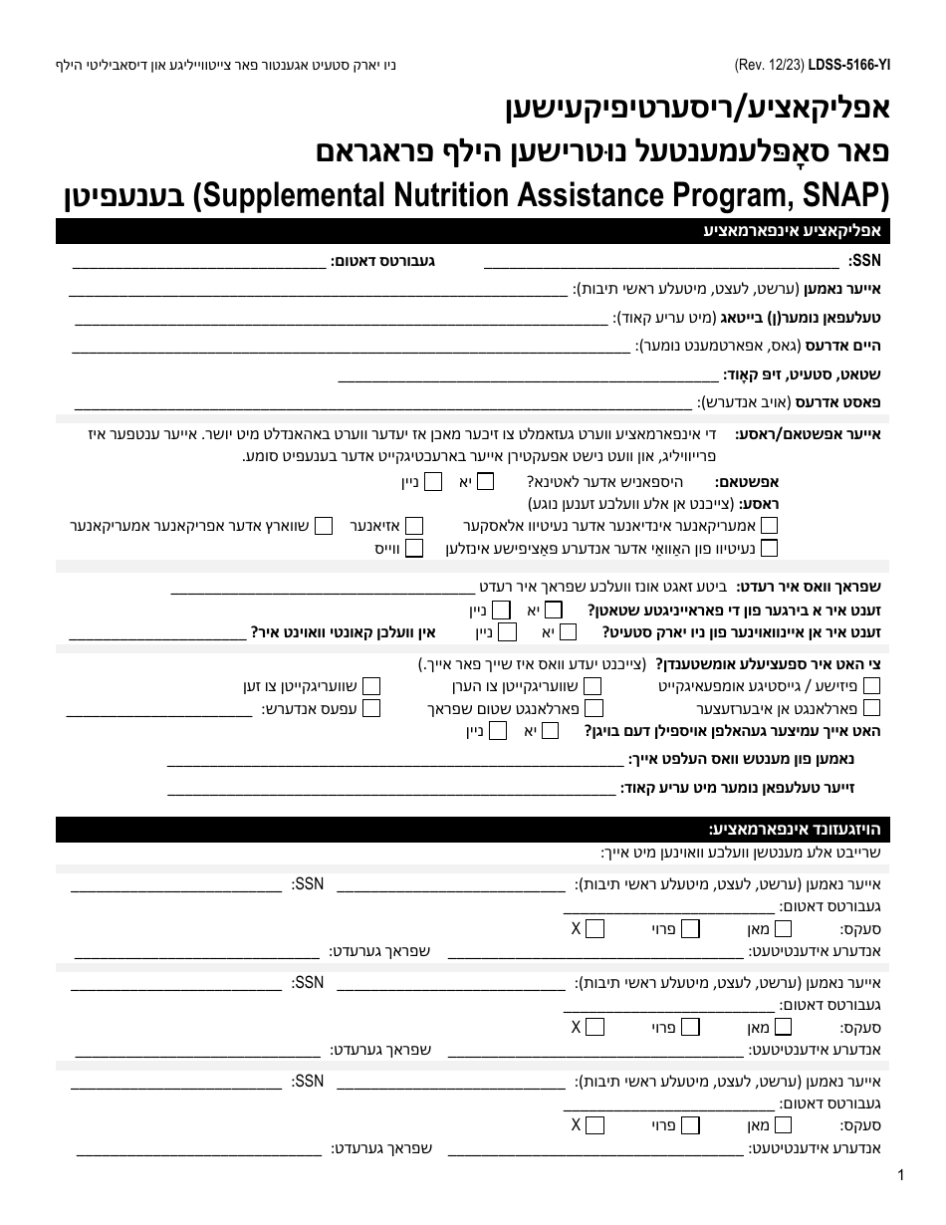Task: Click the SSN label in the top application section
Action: (865, 262)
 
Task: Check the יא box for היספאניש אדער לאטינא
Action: (485, 481)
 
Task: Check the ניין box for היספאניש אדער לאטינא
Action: (434, 481)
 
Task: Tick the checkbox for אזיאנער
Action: (414, 525)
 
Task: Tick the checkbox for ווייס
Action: (414, 547)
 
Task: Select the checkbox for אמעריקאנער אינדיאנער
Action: (770, 525)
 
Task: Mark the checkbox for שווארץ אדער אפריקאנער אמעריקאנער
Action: (323, 525)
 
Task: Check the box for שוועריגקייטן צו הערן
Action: (592, 685)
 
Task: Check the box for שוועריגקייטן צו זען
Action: (371, 685)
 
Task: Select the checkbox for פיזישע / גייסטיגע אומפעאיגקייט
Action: (871, 685)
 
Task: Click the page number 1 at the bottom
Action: (900, 1175)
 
